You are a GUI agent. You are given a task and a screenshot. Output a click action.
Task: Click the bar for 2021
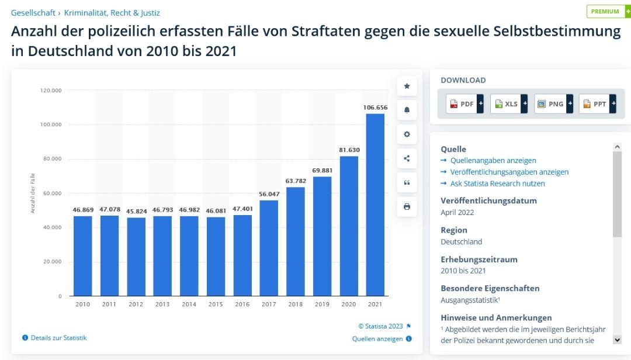point(375,205)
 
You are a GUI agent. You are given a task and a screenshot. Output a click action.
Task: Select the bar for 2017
point(269,248)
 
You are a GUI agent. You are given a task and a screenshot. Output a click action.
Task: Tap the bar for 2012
point(136,257)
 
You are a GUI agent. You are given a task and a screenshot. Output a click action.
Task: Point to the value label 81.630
point(349,150)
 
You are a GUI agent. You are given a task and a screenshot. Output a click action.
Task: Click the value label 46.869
point(83,210)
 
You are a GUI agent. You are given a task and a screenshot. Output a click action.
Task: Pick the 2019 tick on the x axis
point(322,304)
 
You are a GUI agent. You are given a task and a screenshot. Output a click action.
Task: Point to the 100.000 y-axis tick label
point(51,125)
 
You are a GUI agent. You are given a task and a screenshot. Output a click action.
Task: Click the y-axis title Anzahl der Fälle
point(33,193)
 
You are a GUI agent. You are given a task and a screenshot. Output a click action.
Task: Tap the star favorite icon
point(407,86)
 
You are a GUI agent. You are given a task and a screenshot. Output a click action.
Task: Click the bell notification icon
point(407,110)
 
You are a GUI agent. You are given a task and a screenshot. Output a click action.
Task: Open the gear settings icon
point(407,134)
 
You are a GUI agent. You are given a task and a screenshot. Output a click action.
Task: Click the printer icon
point(407,206)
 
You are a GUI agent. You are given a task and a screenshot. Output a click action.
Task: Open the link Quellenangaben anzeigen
point(493,161)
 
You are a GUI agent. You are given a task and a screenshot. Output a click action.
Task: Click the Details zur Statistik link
point(58,338)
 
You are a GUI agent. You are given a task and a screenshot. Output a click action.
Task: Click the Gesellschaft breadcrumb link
point(33,13)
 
